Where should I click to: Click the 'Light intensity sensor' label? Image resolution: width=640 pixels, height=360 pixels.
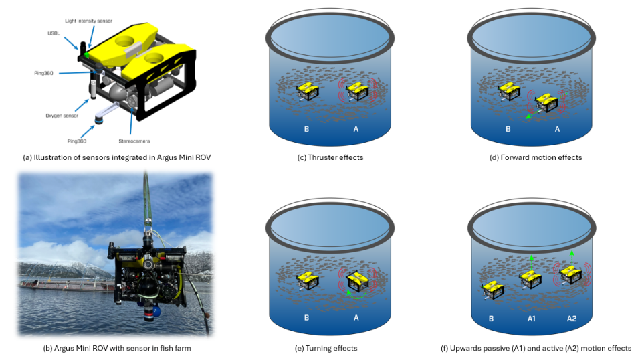pos(88,21)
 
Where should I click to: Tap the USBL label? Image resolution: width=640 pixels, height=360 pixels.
pos(54,33)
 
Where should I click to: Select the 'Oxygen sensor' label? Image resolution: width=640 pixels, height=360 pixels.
pos(62,116)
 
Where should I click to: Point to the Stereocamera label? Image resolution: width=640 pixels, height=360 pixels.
pos(134,141)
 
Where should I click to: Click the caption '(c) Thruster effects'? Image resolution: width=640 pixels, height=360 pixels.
pos(330,157)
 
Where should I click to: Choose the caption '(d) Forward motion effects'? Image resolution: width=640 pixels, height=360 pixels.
pos(536,157)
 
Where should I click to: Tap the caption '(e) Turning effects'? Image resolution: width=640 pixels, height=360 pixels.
pos(326,348)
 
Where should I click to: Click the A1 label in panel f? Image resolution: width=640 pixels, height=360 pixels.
pos(532,319)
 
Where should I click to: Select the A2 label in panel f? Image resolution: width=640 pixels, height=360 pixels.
pos(572,319)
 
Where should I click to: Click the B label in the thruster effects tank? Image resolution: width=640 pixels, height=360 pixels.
pos(306,129)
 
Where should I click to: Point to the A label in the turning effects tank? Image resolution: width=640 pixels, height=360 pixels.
pos(356,317)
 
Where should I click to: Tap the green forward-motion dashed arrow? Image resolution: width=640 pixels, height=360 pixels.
pos(535,112)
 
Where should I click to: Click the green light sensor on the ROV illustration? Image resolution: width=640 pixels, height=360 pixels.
pos(86,54)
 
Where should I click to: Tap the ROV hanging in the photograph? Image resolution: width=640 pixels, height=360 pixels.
pos(149,278)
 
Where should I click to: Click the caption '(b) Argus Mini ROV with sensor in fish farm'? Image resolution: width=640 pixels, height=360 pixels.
pos(117,348)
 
